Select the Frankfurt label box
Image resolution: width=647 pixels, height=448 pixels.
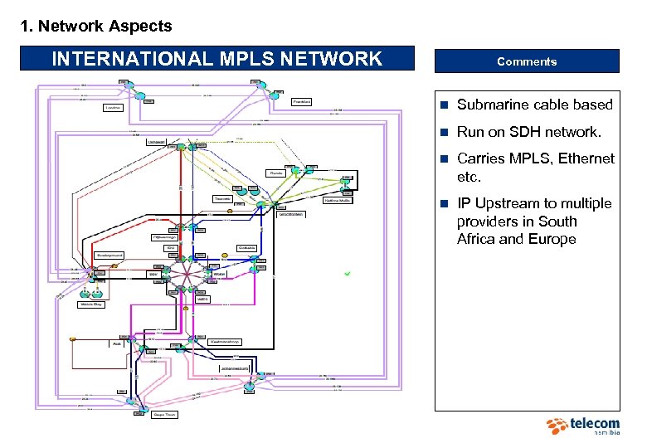point(302,101)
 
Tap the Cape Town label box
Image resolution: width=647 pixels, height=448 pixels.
point(164,414)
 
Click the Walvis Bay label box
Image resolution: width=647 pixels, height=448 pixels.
point(91,304)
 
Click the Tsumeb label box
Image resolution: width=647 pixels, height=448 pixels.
point(222,199)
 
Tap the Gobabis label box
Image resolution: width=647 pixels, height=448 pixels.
point(246,247)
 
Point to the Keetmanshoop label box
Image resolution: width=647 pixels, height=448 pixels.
point(224,341)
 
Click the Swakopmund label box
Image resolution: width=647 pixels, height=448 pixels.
point(109,255)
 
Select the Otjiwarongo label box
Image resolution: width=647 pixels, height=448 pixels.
point(166,236)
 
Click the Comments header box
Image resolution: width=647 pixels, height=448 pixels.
point(527,61)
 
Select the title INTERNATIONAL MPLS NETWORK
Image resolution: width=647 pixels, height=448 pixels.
point(216,59)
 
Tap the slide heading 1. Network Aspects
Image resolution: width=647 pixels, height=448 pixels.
point(96,26)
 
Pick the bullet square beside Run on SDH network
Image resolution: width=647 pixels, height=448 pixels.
point(445,132)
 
